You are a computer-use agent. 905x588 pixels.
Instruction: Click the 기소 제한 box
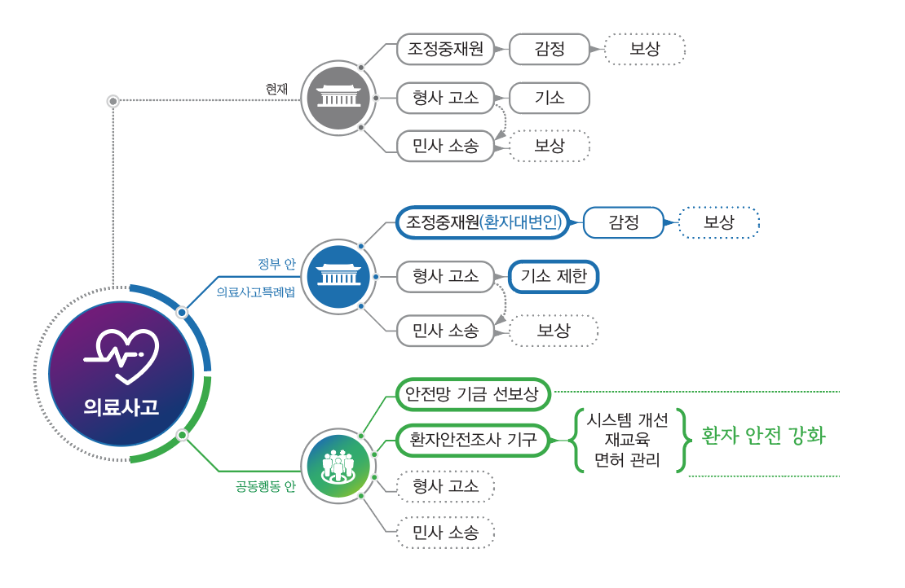click(x=554, y=277)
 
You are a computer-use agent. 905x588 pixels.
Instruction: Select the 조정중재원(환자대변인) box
click(x=483, y=222)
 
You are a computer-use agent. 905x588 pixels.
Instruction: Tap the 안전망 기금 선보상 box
click(x=473, y=395)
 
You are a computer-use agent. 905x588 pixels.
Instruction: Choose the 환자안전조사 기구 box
click(x=473, y=441)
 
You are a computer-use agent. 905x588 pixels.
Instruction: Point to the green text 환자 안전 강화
click(x=763, y=437)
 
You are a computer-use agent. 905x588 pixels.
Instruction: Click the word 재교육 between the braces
click(x=627, y=440)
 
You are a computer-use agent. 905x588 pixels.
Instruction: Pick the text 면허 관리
click(x=627, y=460)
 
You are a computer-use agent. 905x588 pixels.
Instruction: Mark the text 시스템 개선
click(x=627, y=419)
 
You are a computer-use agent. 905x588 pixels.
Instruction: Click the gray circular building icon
click(x=338, y=98)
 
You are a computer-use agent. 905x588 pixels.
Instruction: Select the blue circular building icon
click(x=338, y=277)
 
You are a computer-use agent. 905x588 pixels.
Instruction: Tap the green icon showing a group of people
click(x=338, y=467)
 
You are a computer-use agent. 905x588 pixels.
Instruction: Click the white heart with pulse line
click(x=121, y=355)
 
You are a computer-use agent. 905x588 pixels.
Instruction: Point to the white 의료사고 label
click(x=121, y=408)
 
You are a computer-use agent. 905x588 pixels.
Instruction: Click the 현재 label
click(x=277, y=89)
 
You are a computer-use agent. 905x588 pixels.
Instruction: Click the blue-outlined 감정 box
click(x=624, y=222)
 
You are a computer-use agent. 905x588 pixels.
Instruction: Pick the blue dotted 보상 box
click(x=718, y=222)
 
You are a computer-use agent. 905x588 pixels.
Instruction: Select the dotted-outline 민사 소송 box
click(x=445, y=533)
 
